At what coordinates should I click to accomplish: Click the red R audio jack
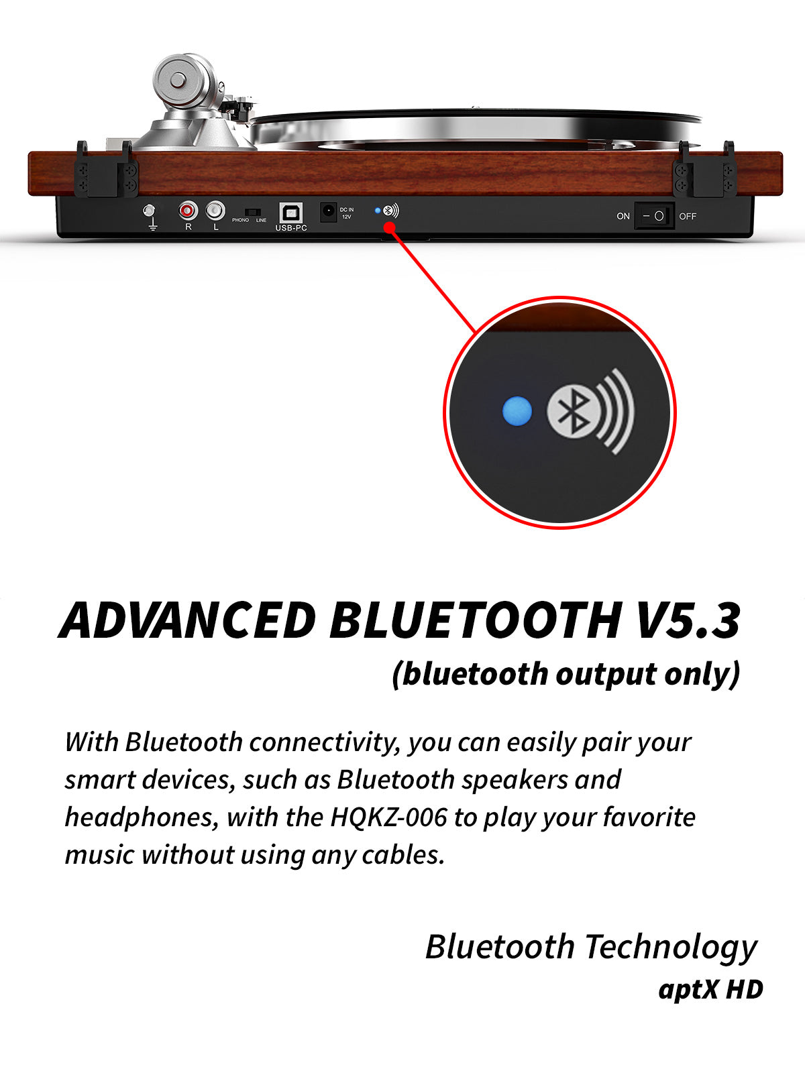(188, 211)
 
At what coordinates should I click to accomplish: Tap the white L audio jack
(215, 211)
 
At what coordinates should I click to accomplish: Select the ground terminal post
(149, 211)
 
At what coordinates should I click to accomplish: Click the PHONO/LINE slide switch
(253, 212)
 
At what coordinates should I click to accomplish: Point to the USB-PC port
(291, 213)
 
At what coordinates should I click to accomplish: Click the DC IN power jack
(329, 212)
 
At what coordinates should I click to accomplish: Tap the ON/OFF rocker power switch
(654, 215)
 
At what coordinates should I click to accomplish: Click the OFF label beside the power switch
(687, 216)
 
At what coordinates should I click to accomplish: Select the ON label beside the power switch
(623, 216)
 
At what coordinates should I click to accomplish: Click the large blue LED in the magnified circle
(517, 410)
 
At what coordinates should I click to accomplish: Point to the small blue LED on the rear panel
(377, 211)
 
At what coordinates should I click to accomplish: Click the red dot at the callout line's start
(390, 227)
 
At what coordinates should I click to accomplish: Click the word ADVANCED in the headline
(188, 620)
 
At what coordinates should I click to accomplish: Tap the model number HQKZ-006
(388, 817)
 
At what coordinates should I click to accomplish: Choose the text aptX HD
(710, 989)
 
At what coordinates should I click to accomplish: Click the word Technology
(671, 948)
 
